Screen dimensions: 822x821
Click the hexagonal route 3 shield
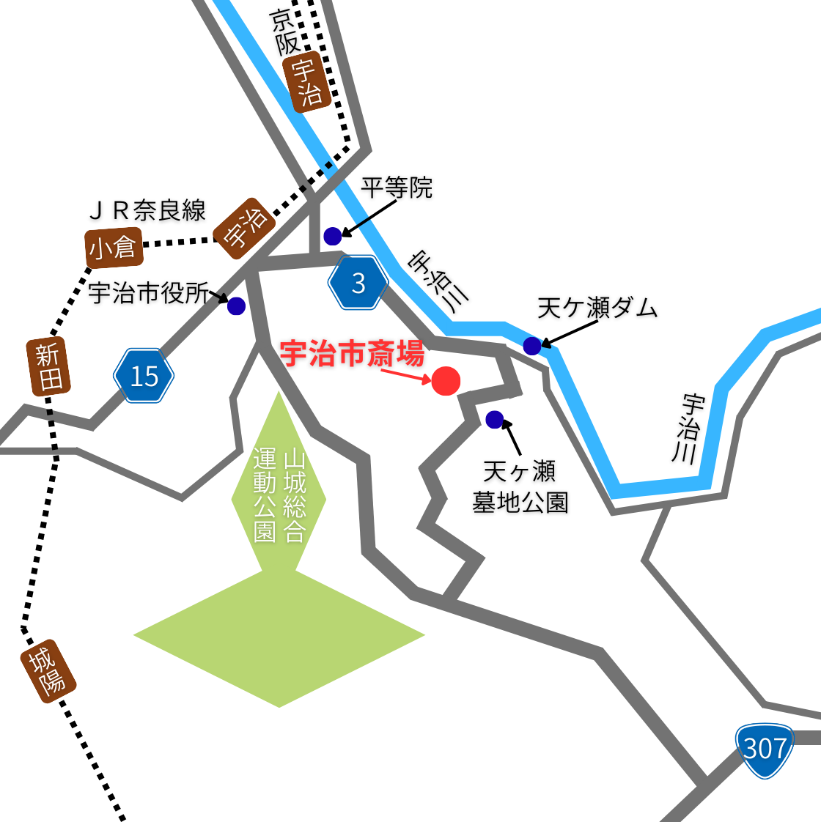click(358, 283)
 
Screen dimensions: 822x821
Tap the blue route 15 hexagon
click(144, 376)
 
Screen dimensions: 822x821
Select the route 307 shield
click(765, 749)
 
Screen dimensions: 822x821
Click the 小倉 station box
click(113, 248)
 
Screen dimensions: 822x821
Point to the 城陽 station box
click(48, 671)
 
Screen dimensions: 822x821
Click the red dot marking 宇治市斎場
click(446, 381)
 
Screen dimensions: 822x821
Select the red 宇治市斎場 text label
click(352, 354)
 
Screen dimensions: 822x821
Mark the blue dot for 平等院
click(333, 236)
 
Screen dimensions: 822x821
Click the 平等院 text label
click(397, 188)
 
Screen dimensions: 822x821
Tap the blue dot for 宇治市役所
click(236, 306)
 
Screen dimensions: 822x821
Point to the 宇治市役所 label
click(148, 293)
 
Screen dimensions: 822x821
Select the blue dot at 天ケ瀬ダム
click(532, 346)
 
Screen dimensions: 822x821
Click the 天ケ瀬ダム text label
click(597, 308)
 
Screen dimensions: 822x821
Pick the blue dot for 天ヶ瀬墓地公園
click(495, 420)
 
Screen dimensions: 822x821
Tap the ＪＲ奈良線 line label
click(147, 211)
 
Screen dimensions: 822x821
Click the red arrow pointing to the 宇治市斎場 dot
click(405, 374)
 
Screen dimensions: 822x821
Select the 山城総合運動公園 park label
click(279, 495)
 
